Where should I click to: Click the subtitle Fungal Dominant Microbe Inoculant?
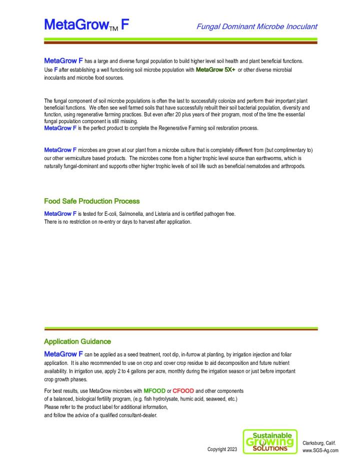[256, 27]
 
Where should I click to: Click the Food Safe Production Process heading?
[92, 201]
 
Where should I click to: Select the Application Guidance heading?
[77, 341]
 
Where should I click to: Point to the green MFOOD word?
[154, 390]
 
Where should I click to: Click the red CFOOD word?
[183, 390]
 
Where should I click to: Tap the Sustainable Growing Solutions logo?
[270, 441]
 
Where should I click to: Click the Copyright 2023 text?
[222, 449]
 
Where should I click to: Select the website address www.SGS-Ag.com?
[320, 450]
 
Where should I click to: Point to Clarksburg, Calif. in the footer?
[319, 442]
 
